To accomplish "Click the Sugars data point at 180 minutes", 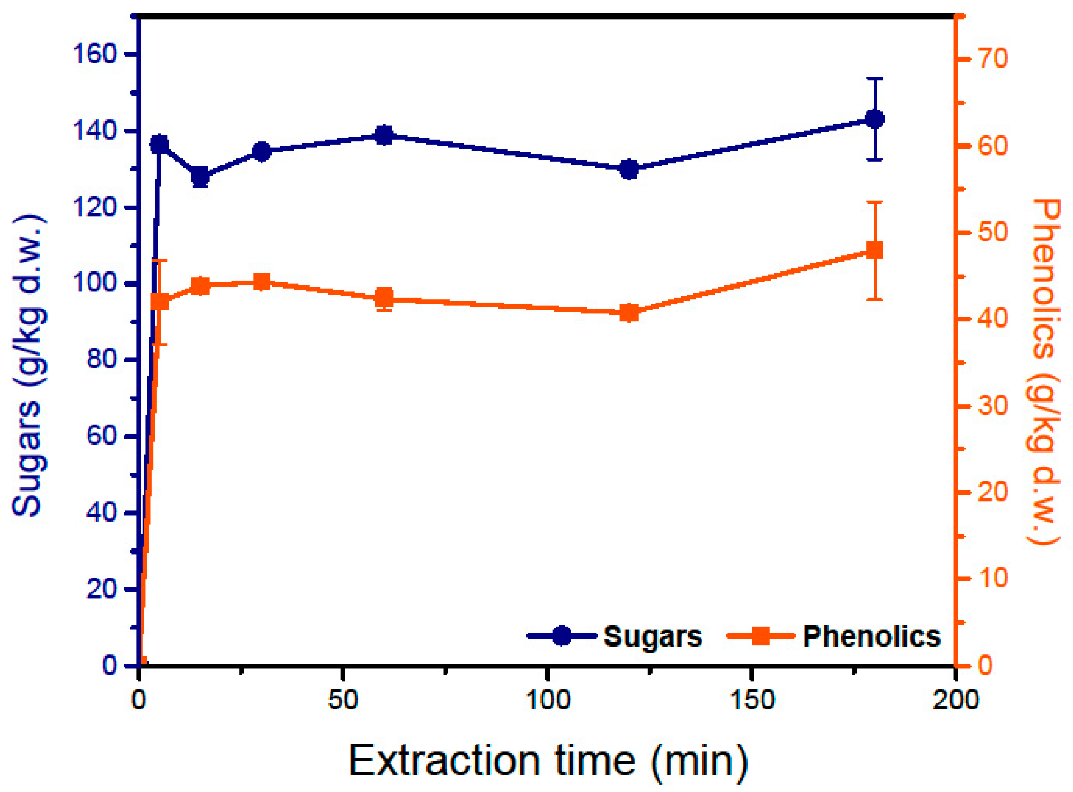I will [875, 119].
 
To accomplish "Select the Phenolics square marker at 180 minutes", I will [875, 251].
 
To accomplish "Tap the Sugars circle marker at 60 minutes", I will [384, 135].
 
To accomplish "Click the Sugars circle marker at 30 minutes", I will [262, 152].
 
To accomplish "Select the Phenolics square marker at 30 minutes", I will [262, 282].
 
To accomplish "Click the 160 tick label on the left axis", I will [95, 54].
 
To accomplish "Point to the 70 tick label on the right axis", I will [993, 59].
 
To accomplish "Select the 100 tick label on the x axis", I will [548, 701].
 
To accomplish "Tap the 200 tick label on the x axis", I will [955, 701].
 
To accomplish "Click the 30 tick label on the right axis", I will [993, 406].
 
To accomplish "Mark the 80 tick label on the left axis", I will [102, 359].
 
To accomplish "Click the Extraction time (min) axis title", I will [548, 761].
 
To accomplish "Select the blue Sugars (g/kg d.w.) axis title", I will [29, 367].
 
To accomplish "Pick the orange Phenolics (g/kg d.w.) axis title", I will [1045, 372].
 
